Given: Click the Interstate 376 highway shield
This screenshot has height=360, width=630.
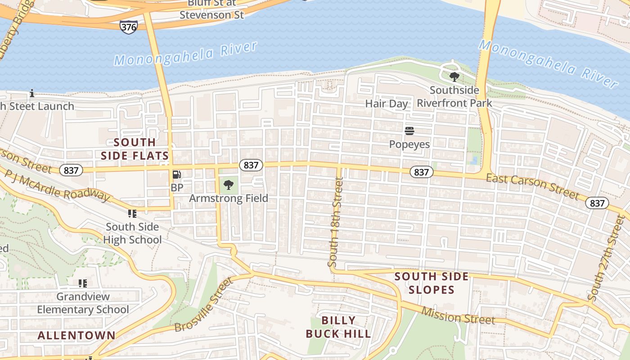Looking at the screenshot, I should (128, 27).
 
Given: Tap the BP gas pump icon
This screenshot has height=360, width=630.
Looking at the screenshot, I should (177, 175).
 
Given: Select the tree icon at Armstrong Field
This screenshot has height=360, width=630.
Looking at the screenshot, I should (229, 184).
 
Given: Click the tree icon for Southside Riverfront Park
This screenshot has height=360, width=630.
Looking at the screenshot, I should (454, 77).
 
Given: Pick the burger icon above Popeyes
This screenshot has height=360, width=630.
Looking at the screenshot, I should (409, 131).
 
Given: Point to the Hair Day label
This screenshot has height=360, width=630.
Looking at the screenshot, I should (386, 103).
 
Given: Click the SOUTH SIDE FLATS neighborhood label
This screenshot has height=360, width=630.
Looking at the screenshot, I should (135, 149).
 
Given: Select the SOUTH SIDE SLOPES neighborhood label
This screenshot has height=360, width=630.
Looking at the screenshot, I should (432, 283).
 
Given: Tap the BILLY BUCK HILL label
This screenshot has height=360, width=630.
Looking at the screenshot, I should (338, 327).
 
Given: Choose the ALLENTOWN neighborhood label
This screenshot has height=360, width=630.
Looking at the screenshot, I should (76, 335).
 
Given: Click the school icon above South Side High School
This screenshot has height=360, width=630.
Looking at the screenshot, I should (132, 213).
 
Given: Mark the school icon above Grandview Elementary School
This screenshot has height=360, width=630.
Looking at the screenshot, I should (82, 283).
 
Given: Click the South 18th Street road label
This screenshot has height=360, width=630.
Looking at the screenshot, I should (336, 222).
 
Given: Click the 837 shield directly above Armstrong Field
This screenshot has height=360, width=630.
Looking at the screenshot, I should (251, 165).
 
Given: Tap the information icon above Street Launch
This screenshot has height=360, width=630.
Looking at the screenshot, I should (32, 94).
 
